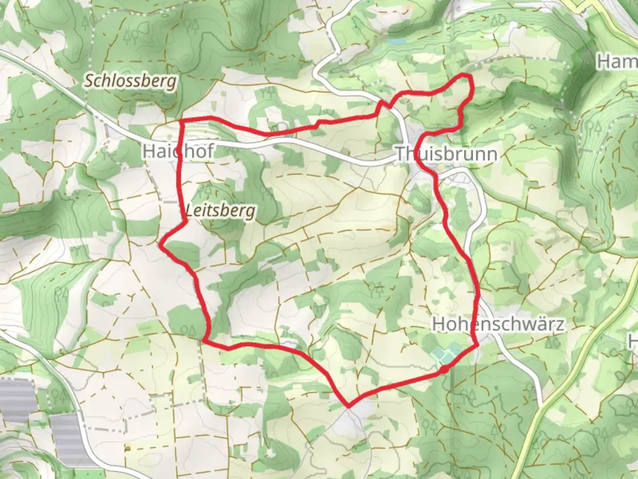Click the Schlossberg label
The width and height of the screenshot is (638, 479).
coord(130,81)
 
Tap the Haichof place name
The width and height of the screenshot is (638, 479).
coord(177,151)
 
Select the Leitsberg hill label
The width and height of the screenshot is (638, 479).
coord(221,210)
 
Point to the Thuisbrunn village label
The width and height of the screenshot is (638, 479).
coord(446,154)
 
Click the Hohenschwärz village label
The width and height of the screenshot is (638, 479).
coord(498,324)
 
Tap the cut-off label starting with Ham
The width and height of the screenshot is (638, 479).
coord(617,62)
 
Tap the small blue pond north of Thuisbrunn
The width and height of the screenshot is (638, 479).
coord(397,41)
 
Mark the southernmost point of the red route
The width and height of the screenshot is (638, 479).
coord(349,405)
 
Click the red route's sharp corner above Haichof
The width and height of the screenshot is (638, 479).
coord(181,121)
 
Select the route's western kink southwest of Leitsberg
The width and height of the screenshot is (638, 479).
coord(161,243)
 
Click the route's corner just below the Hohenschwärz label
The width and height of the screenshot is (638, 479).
coord(477,345)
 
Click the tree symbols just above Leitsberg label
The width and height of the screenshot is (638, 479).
coord(206,192)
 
